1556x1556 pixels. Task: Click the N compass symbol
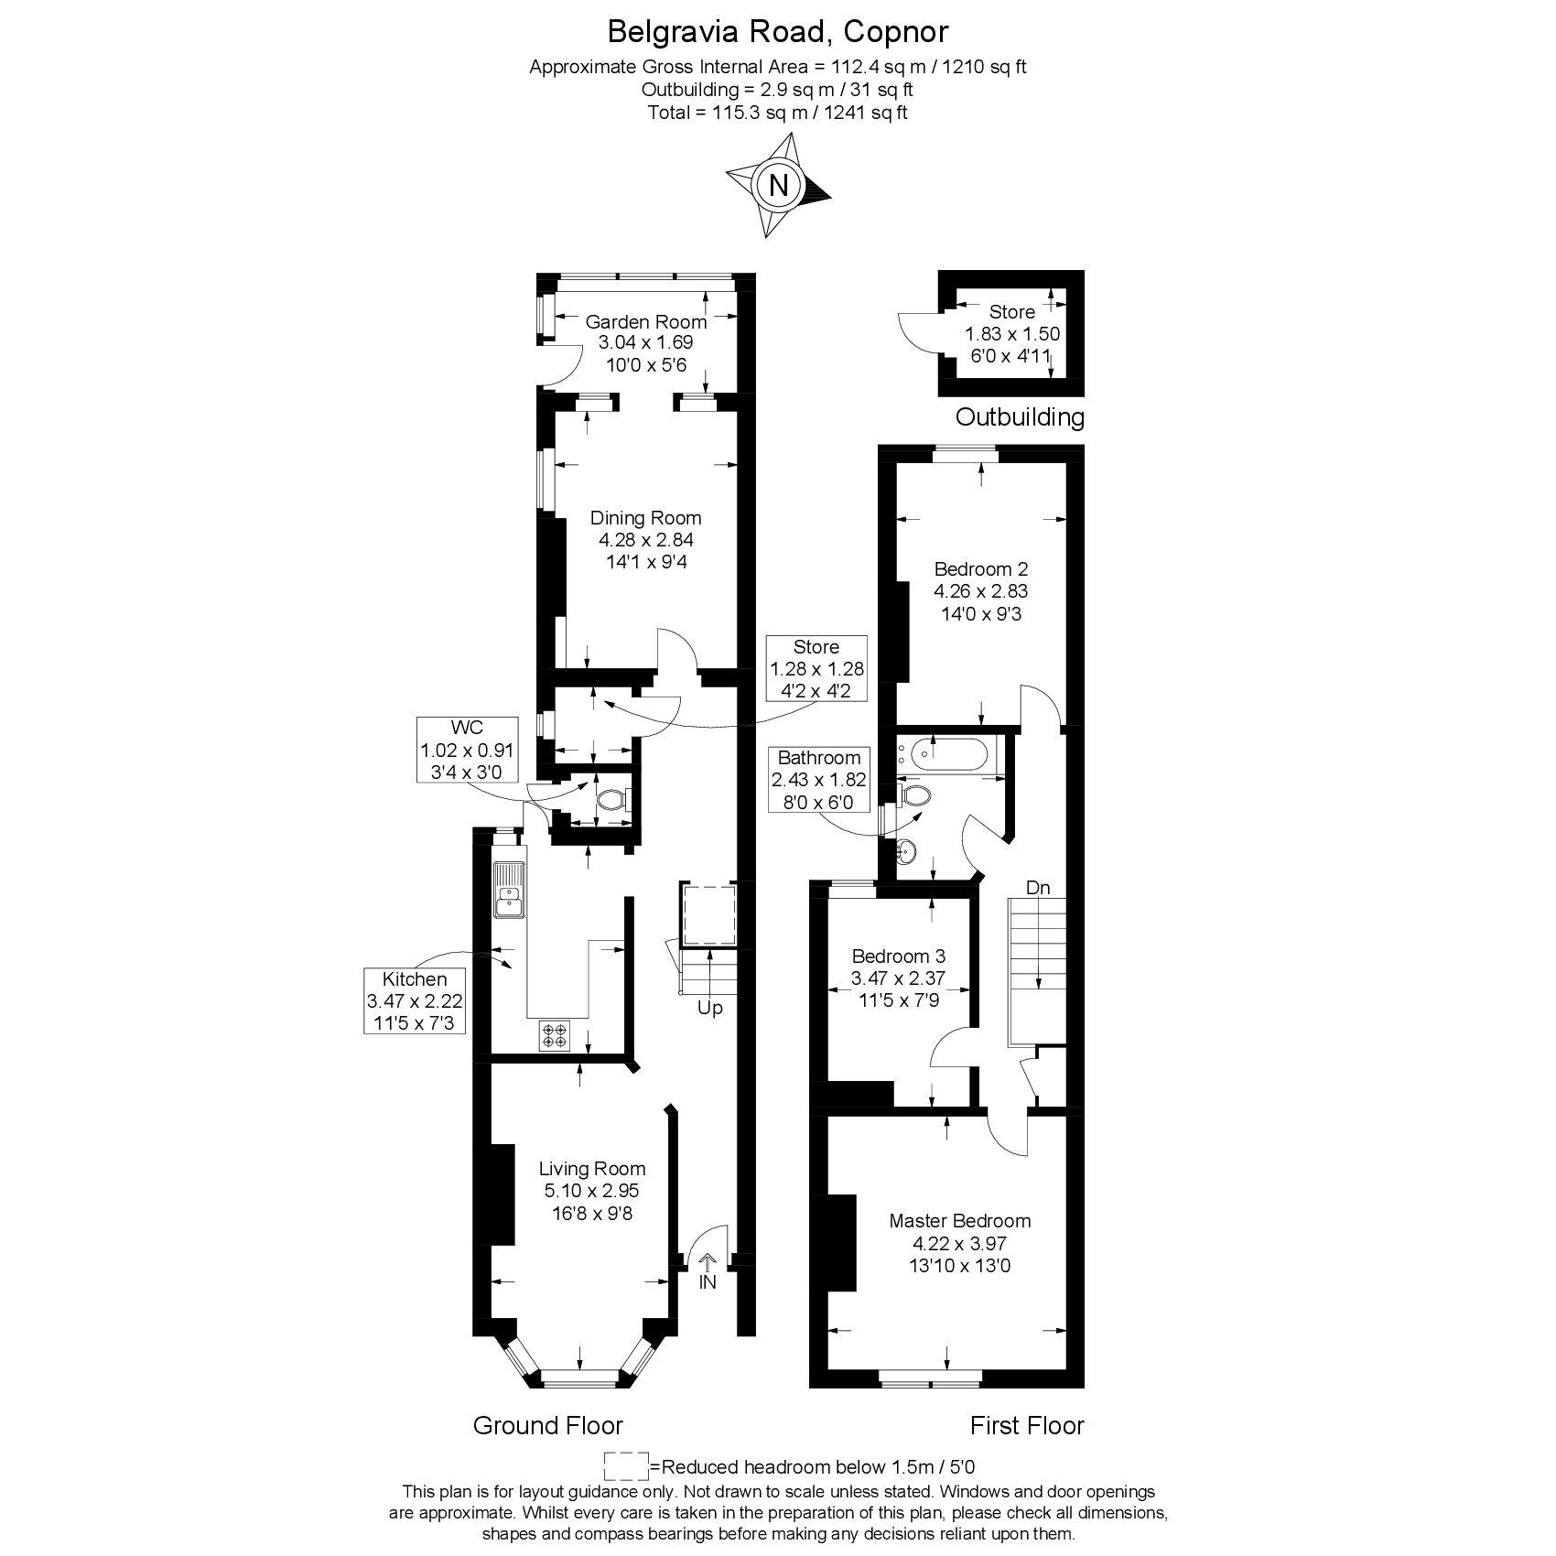[x=778, y=186]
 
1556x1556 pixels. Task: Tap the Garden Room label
[x=645, y=321]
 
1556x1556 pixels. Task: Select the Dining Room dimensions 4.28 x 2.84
[x=645, y=540]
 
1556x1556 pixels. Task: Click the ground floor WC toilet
[x=611, y=801]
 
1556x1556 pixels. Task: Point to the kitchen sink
[x=508, y=889]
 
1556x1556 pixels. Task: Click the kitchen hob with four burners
[x=555, y=1035]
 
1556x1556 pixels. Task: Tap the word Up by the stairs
[x=710, y=1008]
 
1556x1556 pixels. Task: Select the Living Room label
[x=591, y=1169]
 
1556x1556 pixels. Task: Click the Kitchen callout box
[x=415, y=1000]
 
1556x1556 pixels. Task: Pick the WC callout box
[x=467, y=750]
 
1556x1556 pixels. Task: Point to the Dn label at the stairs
[x=1037, y=888]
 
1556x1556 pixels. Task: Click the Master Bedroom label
[x=960, y=1220]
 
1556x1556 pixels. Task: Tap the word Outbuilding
[x=1020, y=417]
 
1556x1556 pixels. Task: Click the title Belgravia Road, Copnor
[x=778, y=32]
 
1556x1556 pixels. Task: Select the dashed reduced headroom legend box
[x=626, y=1465]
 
